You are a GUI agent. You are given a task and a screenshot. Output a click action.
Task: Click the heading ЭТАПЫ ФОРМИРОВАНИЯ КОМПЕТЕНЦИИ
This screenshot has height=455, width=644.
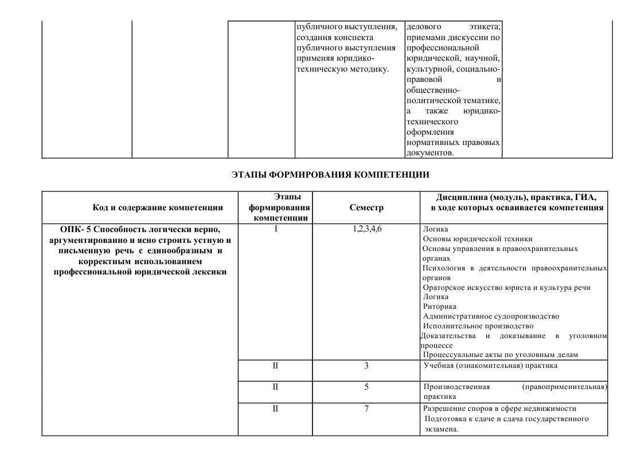click(x=330, y=174)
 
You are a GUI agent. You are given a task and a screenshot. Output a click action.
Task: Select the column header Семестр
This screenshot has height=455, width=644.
click(x=366, y=207)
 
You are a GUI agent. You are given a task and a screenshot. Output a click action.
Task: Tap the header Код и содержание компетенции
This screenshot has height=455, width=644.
click(x=158, y=207)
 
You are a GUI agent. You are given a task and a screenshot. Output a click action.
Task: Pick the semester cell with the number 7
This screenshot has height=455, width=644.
click(x=366, y=409)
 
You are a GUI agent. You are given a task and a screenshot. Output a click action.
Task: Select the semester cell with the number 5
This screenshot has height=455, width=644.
click(x=366, y=387)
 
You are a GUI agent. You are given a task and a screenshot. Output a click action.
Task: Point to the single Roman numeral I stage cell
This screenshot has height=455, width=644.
click(x=275, y=229)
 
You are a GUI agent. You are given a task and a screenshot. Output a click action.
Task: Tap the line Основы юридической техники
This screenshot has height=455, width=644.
click(x=477, y=239)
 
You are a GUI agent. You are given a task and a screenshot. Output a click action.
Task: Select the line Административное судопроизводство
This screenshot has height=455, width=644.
click(x=490, y=316)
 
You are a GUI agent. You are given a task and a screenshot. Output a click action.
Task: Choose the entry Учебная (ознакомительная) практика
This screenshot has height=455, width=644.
click(x=490, y=365)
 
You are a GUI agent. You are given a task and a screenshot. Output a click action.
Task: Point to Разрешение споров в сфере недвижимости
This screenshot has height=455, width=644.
click(x=499, y=409)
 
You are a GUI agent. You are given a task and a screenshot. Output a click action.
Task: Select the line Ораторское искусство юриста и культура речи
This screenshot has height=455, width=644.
click(x=506, y=288)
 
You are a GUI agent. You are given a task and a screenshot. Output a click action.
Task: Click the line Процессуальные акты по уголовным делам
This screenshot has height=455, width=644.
click(x=500, y=355)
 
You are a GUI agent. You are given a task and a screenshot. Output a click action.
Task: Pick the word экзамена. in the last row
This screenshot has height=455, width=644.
click(x=442, y=430)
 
